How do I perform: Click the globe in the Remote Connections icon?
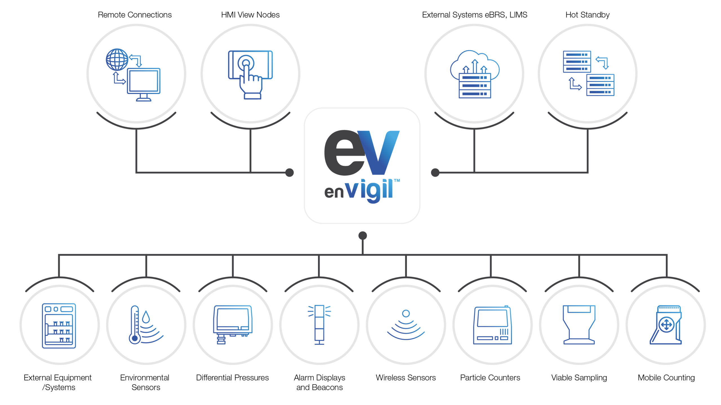(117, 60)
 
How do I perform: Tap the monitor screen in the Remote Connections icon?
(144, 81)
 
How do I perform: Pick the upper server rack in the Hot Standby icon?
(577, 62)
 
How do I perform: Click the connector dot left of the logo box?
(290, 172)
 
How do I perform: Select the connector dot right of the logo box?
(435, 172)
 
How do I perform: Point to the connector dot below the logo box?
(362, 235)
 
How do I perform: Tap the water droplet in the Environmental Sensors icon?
(146, 317)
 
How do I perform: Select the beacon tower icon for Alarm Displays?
(319, 325)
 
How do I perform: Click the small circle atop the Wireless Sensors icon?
(406, 313)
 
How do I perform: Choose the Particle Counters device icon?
(492, 325)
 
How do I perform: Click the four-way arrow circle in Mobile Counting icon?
(667, 325)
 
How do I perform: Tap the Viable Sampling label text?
(579, 378)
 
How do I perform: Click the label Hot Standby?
(587, 15)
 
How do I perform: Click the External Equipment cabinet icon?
(59, 326)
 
